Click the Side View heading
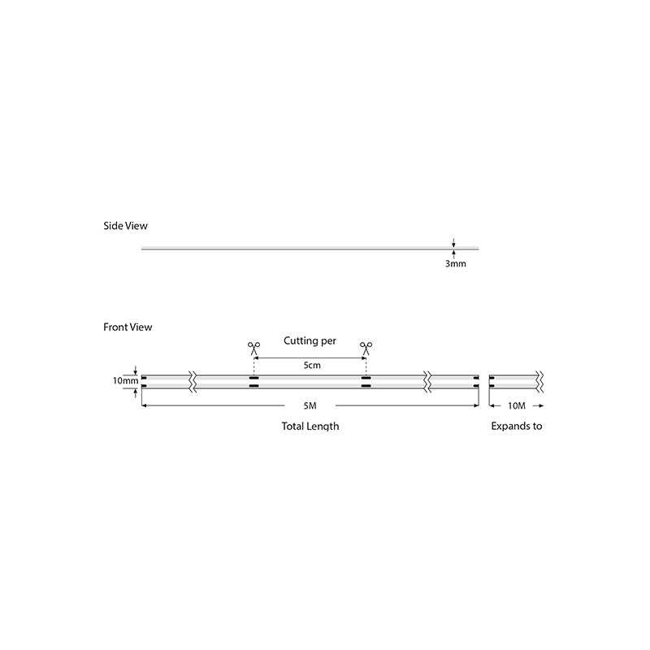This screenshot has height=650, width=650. coord(125,226)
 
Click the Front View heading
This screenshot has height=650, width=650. coord(128,327)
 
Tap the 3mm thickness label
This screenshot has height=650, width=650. coord(456,263)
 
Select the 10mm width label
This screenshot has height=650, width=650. coord(125,380)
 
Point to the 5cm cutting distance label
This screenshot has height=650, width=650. coord(312,365)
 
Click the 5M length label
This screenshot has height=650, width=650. coord(310,405)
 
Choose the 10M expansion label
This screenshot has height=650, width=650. coord(517,405)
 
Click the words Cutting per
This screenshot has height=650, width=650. coord(310,340)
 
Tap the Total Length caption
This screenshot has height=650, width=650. coord(310,426)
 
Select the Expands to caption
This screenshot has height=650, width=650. coord(517,426)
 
